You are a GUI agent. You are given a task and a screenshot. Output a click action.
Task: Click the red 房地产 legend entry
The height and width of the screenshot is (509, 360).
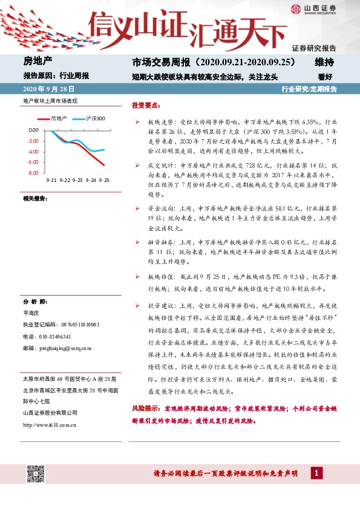59,118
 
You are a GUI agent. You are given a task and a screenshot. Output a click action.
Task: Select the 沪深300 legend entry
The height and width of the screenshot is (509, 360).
95,118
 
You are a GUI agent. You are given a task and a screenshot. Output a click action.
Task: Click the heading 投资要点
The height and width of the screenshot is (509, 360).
146,105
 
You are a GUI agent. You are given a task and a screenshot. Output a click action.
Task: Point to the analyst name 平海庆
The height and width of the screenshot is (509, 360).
31,314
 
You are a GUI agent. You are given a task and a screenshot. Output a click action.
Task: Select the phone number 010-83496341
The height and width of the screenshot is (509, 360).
54,337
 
